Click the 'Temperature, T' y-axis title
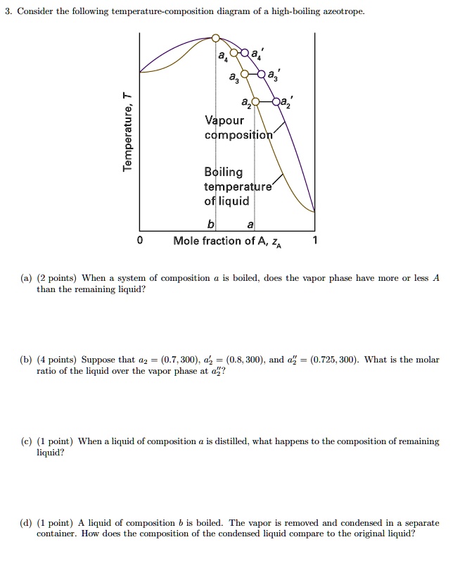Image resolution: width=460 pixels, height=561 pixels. (127, 132)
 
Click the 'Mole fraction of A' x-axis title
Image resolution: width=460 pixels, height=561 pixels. (220, 241)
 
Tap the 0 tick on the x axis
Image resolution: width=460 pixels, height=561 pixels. (140, 241)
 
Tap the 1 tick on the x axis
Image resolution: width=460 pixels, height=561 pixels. (316, 241)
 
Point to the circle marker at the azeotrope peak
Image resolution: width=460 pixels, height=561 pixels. (217, 37)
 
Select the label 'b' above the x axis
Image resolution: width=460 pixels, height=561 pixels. (210, 224)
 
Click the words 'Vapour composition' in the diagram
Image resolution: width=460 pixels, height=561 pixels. (230, 127)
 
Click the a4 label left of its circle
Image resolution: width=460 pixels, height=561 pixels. (223, 55)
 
